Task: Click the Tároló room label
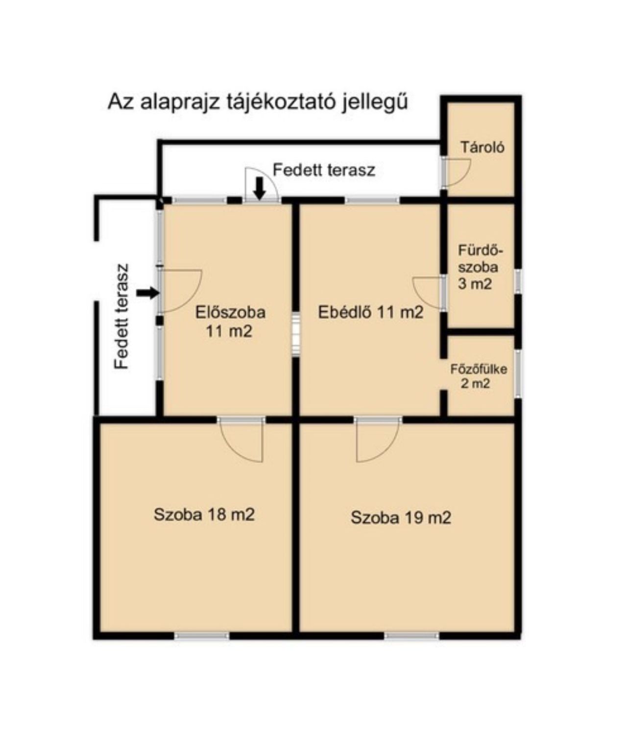click(482, 147)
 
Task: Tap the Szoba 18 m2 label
click(204, 515)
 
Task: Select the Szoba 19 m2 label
click(401, 518)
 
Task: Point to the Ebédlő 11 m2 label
click(371, 312)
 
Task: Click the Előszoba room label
click(230, 322)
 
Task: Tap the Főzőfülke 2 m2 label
click(479, 376)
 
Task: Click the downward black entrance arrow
click(260, 189)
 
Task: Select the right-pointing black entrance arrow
click(148, 293)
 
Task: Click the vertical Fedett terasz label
click(121, 316)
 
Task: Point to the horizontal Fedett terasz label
click(324, 170)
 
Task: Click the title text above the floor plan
click(257, 102)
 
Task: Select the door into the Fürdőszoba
click(429, 293)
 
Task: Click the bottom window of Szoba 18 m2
click(202, 636)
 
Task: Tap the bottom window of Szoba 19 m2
click(412, 636)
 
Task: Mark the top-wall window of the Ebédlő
click(372, 200)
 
